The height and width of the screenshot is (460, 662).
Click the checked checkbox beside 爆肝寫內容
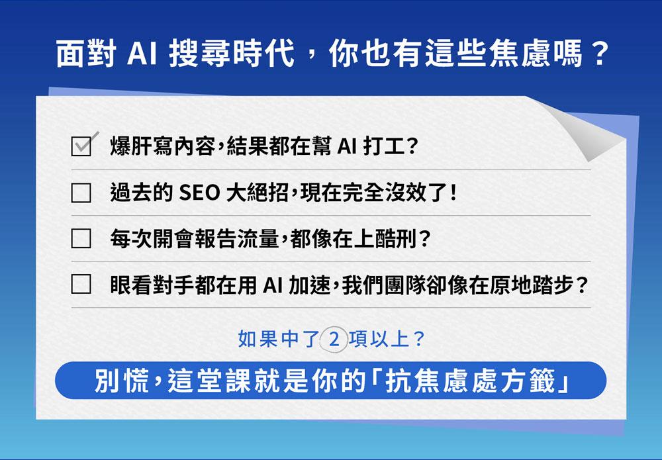81,146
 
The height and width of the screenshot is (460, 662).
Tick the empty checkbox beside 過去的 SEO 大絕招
81,193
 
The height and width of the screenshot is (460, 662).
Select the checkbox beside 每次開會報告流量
81,238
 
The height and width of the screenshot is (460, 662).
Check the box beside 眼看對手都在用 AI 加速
81,284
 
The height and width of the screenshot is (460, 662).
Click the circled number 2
334,339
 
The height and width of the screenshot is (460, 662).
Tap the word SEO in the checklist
199,193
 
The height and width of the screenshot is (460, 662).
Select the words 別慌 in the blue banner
122,381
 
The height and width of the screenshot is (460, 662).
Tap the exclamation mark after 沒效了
453,193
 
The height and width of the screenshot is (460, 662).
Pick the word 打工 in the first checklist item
383,146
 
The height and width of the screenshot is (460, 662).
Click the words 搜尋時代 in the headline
231,54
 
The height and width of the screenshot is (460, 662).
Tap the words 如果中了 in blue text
278,339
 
